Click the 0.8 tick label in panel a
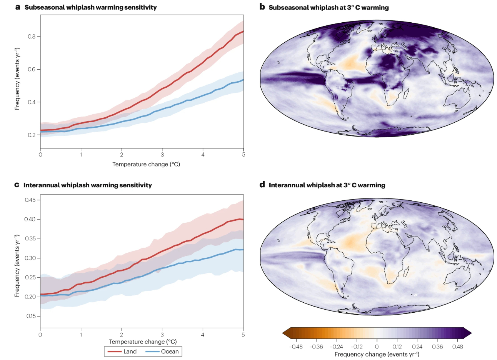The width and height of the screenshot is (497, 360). tap(31, 37)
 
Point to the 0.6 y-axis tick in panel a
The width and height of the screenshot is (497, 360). tap(31, 69)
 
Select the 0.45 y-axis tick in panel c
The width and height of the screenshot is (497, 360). tap(30, 200)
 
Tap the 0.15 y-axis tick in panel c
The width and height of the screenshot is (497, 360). tap(30, 316)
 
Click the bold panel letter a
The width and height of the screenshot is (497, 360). tap(18, 7)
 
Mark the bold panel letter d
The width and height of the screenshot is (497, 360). tap(262, 185)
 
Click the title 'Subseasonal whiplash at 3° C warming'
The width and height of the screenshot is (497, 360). tap(329, 7)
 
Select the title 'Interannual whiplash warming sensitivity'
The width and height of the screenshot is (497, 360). tap(88, 185)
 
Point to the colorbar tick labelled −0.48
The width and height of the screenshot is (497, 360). tap(296, 347)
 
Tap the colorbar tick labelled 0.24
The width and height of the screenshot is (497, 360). tap(417, 347)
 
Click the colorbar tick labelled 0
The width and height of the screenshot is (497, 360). tap(377, 347)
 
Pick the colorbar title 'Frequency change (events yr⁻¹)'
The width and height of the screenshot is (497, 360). tap(377, 354)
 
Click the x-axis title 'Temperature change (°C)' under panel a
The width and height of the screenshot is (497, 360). tap(146, 164)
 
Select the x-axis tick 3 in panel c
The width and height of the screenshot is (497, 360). tap(162, 335)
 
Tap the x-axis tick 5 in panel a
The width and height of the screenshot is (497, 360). tap(243, 155)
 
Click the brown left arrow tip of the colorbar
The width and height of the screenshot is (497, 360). tap(285, 333)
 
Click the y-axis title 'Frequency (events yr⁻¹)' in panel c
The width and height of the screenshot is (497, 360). tap(17, 265)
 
